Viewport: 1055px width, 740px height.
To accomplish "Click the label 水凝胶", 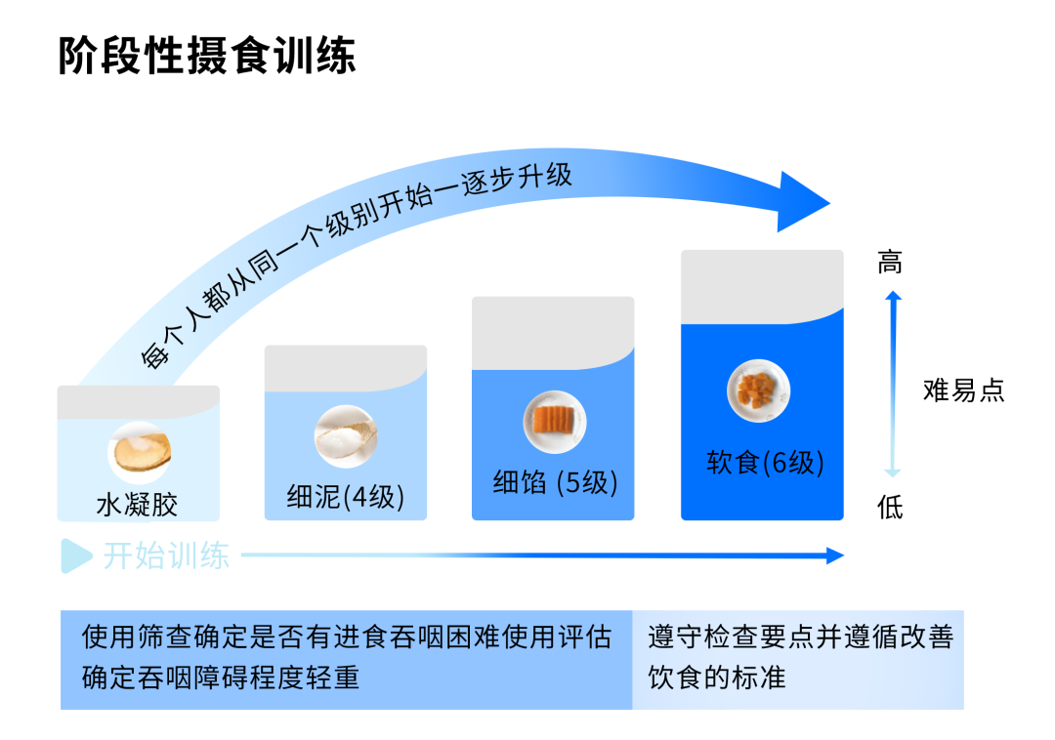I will tap(137, 504).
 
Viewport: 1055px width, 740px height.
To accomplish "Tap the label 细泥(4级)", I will tap(345, 497).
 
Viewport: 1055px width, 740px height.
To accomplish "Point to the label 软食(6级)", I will tap(764, 462).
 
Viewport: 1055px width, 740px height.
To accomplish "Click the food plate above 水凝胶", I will tap(139, 451).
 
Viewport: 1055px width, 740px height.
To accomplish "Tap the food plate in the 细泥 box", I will tap(346, 435).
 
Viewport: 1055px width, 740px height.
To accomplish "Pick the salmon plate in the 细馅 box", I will tap(554, 422).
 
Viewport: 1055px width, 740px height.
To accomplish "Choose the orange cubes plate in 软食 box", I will tap(758, 391).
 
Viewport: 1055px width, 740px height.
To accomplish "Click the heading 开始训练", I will tap(166, 556).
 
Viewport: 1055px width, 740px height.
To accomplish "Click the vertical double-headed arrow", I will tap(892, 383).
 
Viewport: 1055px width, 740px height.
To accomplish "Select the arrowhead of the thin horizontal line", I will tap(835, 555).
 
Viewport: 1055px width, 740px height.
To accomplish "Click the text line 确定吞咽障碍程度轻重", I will tap(221, 678).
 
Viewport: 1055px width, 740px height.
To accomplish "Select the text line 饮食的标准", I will tap(716, 678).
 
